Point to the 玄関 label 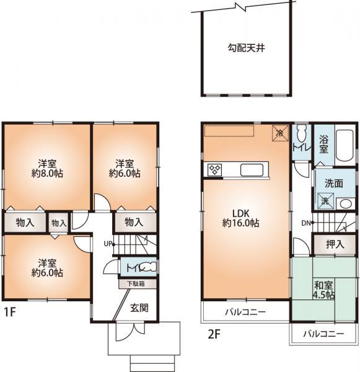coord(139,308)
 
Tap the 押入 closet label coord(335,244)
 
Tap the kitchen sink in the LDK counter coord(252,169)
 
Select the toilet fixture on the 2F coord(301,133)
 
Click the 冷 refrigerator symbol coord(280,132)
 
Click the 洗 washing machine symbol coord(325,201)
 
